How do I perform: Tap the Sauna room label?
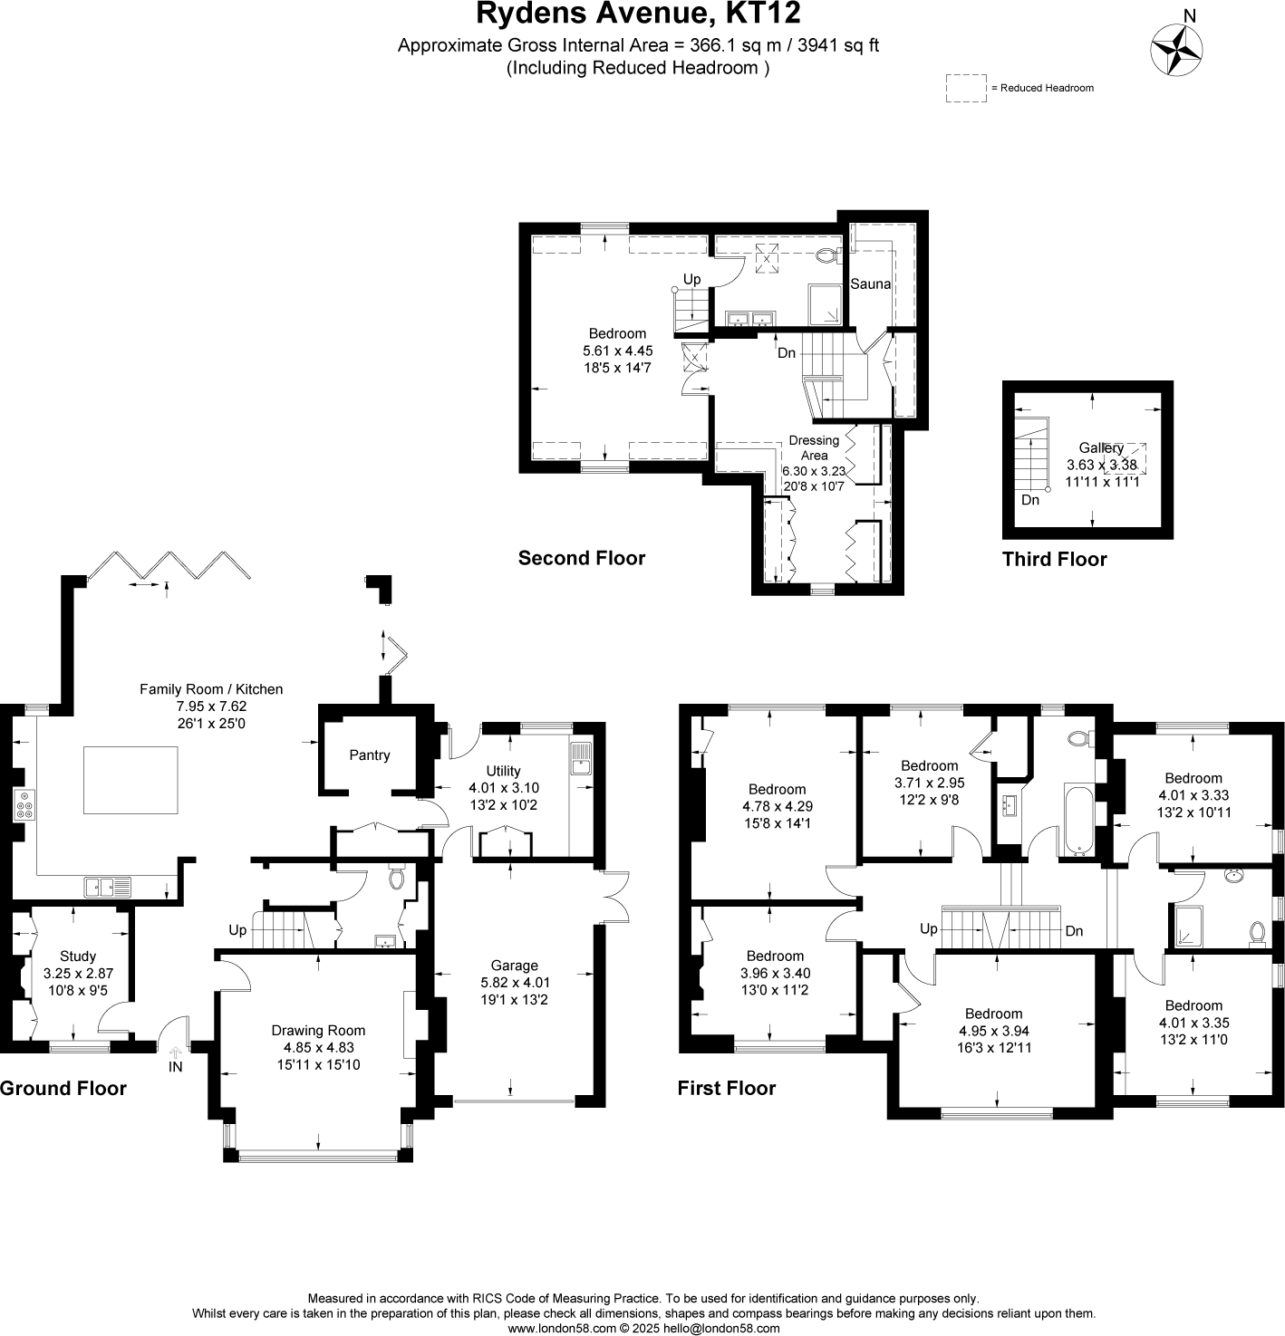click(870, 284)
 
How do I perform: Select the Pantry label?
click(369, 755)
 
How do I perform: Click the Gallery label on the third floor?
click(1101, 447)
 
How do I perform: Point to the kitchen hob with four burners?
click(24, 805)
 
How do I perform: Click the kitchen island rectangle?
click(130, 780)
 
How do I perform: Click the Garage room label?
click(514, 966)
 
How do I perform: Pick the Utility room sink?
click(580, 759)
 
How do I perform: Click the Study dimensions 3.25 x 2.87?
click(78, 973)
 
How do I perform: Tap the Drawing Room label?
click(318, 1030)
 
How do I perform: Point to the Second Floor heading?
click(581, 558)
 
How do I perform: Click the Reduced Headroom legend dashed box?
click(966, 88)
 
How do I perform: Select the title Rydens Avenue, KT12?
click(638, 14)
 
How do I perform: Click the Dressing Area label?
click(814, 447)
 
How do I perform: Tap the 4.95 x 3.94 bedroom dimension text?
click(993, 1031)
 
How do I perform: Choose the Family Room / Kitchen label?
click(210, 689)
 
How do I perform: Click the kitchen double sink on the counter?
click(108, 887)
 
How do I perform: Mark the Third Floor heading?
click(1054, 559)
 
